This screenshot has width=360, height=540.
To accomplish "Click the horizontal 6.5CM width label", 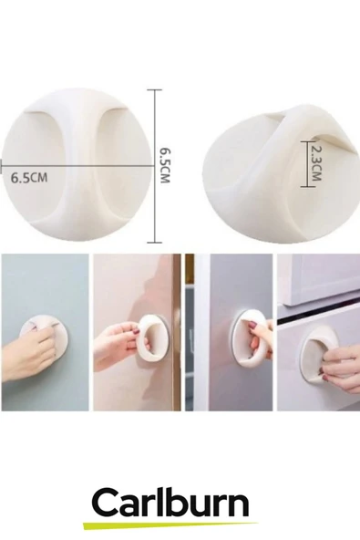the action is [x=29, y=178].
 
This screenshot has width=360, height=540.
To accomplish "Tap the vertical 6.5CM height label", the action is [x=165, y=166].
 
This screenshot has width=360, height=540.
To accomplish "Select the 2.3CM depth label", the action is [x=316, y=163].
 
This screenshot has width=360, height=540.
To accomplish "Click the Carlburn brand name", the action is [x=170, y=504].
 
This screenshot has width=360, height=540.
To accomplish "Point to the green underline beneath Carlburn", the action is [x=170, y=524].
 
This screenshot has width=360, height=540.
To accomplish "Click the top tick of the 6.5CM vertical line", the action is [x=155, y=90].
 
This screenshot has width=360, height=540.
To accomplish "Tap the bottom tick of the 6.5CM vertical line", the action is [x=155, y=243].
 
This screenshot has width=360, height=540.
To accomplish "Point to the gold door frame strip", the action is [x=177, y=332].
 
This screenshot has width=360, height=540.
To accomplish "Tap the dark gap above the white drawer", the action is [x=318, y=319].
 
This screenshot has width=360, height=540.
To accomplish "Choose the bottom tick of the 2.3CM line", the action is [x=308, y=186].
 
